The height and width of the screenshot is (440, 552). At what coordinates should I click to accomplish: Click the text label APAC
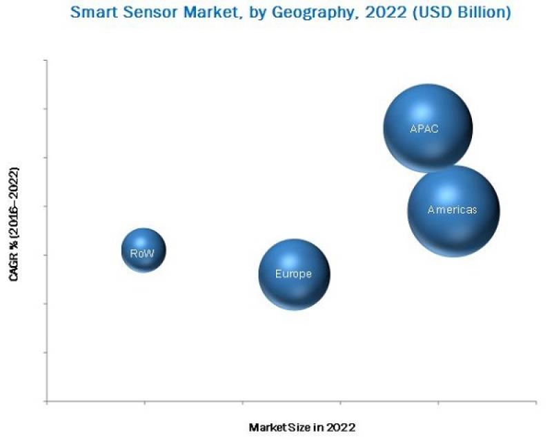424,128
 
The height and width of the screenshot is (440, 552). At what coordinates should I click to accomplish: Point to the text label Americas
452,210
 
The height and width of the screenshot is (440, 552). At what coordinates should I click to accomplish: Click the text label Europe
293,274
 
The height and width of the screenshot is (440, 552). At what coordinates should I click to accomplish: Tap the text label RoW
143,254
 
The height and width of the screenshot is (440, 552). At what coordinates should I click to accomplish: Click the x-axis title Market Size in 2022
302,428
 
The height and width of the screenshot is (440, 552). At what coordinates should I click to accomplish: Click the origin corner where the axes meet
47,401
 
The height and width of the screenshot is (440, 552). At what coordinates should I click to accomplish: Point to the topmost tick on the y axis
46,61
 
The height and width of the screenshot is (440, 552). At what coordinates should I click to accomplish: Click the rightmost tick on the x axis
535,403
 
